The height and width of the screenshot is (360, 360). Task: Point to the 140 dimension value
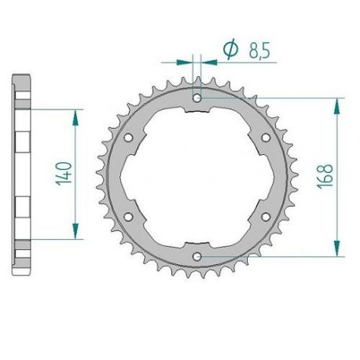pyautogui.click(x=63, y=173)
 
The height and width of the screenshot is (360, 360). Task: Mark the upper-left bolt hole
pyautogui.click(x=128, y=138)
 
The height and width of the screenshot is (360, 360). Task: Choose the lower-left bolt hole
pyautogui.click(x=128, y=216)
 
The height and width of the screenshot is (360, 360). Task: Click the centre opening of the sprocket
pyautogui.click(x=197, y=177)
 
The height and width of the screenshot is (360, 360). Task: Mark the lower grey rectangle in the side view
pyautogui.click(x=22, y=207)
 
